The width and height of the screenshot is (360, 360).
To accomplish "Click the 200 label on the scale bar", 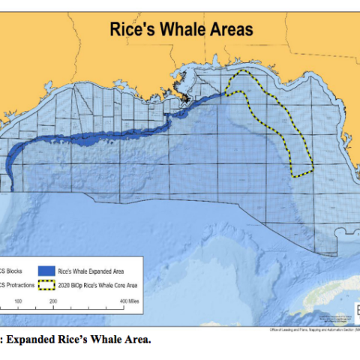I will click(x=54, y=301).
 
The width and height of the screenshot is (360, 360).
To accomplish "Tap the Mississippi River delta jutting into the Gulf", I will click(x=184, y=97).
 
